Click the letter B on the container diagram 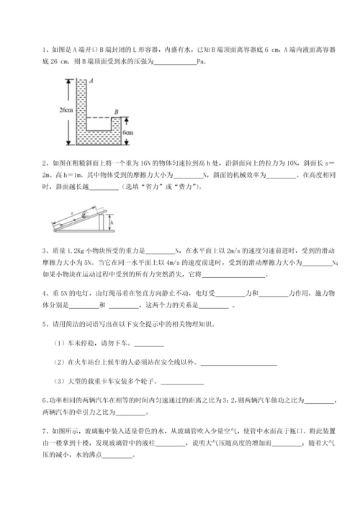coord(116,112)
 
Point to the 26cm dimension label coord(67,110)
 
